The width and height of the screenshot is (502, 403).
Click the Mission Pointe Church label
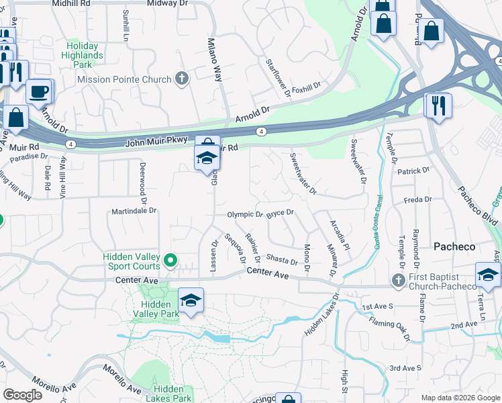pyautogui.click(x=124, y=79)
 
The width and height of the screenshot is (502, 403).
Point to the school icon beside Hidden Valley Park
pyautogui.click(x=191, y=300)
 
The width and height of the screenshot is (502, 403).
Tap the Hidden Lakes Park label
pyautogui.click(x=172, y=394)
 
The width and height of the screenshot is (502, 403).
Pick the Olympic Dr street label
pyautogui.click(x=245, y=215)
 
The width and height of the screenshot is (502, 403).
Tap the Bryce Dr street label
pyautogui.click(x=281, y=213)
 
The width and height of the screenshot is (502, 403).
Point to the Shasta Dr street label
pyautogui.click(x=282, y=260)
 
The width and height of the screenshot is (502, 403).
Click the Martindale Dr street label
pyautogui.click(x=134, y=210)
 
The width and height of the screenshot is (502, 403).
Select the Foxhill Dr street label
pyautogui.click(x=307, y=87)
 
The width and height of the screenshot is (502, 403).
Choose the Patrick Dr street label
pyautogui.click(x=413, y=171)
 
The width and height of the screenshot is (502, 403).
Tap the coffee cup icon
pyautogui.click(x=39, y=91)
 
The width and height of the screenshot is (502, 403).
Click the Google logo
pyautogui.click(x=22, y=395)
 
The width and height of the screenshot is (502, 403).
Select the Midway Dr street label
pyautogui.click(x=162, y=3)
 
